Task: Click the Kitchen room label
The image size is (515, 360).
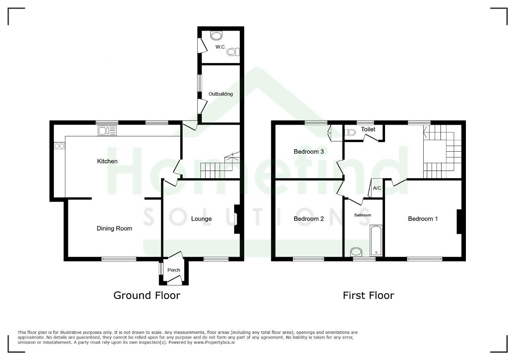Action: click(x=107, y=161)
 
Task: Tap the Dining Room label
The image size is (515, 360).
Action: click(x=115, y=228)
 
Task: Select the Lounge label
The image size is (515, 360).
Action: click(x=202, y=219)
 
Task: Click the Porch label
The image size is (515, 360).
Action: click(x=173, y=270)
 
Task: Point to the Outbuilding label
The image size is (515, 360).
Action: click(x=220, y=94)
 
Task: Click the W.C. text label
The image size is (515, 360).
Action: click(x=220, y=47)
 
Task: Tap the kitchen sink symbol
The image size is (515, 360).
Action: click(x=107, y=131)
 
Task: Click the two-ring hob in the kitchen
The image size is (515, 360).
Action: click(x=60, y=146)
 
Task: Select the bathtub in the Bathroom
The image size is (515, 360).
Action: click(x=376, y=241)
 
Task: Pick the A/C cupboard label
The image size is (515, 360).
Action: click(x=377, y=188)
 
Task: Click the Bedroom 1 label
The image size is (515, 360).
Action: click(x=423, y=219)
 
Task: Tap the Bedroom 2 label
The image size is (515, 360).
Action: click(x=309, y=219)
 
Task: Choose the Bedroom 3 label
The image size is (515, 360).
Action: click(x=309, y=152)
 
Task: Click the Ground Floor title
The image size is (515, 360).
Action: click(x=147, y=295)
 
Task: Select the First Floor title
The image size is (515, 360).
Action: click(x=368, y=295)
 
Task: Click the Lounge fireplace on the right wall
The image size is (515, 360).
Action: click(x=237, y=219)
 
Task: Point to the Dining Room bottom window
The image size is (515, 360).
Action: click(x=119, y=259)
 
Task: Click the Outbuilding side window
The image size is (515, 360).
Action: click(x=200, y=83)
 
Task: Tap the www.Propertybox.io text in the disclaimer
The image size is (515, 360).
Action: click(x=214, y=342)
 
